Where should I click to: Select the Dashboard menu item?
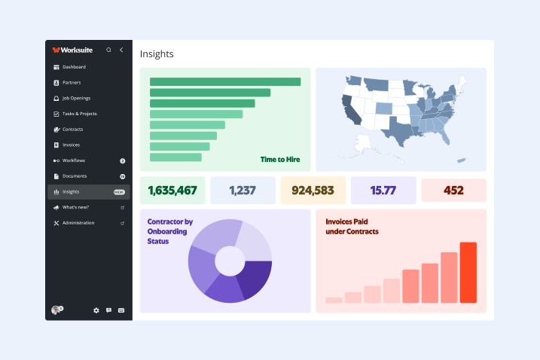[x=74, y=67]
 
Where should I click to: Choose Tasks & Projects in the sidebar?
[x=79, y=114]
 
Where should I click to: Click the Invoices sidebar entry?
[x=71, y=145]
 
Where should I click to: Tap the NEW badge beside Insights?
[x=119, y=192]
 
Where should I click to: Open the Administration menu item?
[x=78, y=223]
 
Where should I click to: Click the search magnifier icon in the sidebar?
[x=108, y=50]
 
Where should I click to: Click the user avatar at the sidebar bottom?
[x=56, y=310]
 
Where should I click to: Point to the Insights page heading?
[x=157, y=54]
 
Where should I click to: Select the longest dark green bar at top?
[x=225, y=81]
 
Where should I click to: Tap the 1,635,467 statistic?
[x=172, y=191]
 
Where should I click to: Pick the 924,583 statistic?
[x=313, y=191]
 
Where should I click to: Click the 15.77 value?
[x=383, y=191]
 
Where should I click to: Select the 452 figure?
[x=453, y=191]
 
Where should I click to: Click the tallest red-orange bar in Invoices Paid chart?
[x=468, y=273]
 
